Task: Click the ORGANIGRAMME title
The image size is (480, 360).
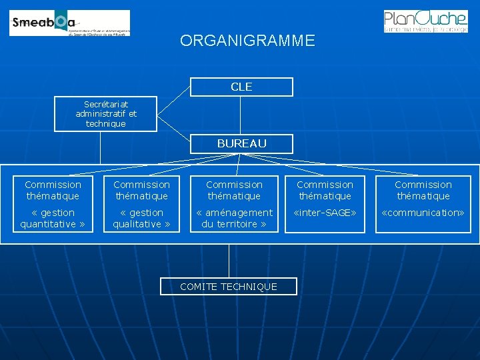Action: (247, 41)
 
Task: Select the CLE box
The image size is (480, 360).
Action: (241, 87)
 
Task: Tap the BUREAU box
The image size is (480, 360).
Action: (241, 143)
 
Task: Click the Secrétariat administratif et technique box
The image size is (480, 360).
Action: (105, 114)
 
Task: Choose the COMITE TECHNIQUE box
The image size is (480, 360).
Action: (229, 287)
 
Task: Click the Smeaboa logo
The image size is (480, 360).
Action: (70, 23)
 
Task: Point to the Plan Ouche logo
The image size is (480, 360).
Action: (425, 21)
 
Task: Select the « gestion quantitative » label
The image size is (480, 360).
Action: (53, 219)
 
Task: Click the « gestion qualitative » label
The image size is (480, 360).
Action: (141, 219)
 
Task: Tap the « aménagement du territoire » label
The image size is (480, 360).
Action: (234, 219)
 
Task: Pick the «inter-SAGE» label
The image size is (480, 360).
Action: (325, 213)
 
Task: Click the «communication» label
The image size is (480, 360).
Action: (423, 213)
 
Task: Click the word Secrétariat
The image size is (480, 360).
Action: (105, 105)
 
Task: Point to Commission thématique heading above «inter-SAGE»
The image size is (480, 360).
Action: (325, 190)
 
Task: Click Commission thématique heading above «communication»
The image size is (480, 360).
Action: (423, 190)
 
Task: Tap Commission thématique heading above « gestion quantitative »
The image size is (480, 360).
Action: (53, 190)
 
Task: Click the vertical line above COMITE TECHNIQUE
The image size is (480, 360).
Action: (229, 260)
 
